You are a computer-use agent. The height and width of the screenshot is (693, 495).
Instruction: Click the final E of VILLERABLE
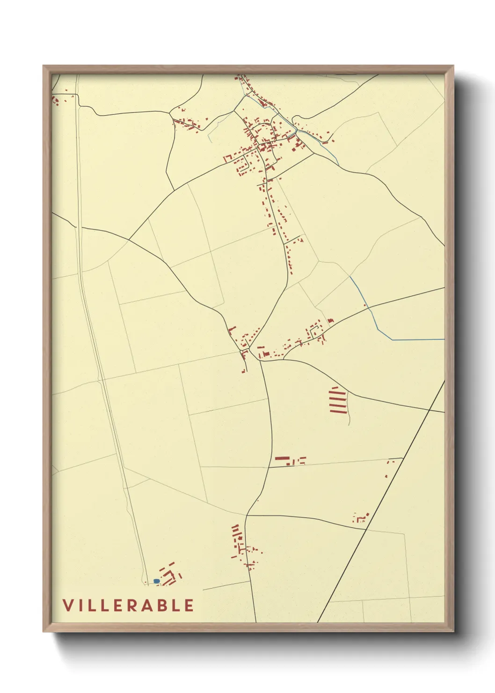click(x=189, y=605)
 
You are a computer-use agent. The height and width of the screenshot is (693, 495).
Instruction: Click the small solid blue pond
click(x=156, y=581)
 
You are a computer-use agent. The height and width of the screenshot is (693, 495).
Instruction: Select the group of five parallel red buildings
click(x=338, y=400)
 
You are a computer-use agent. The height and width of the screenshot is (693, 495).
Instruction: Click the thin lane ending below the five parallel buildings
click(x=349, y=419)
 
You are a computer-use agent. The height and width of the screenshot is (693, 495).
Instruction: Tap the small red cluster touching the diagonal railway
click(x=361, y=517)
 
